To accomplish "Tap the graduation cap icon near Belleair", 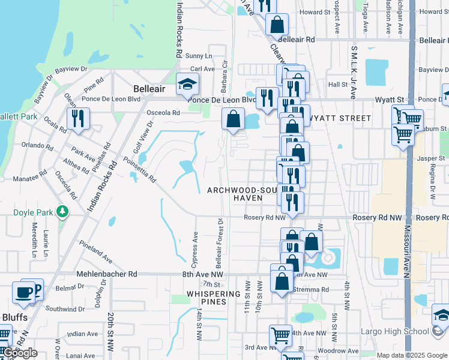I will pyautogui.click(x=187, y=85).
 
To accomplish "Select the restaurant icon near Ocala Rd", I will pyautogui.click(x=78, y=119).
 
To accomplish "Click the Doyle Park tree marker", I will pyautogui.click(x=61, y=211).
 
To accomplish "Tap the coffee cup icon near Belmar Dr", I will pyautogui.click(x=24, y=292).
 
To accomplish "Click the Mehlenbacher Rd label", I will pyautogui.click(x=107, y=274).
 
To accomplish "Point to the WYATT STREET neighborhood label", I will pyautogui.click(x=340, y=118).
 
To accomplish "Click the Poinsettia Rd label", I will pyautogui.click(x=139, y=170).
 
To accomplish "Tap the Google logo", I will pyautogui.click(x=20, y=353).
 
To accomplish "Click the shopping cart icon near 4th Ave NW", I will pyautogui.click(x=280, y=335).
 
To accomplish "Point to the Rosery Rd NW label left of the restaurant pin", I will pyautogui.click(x=265, y=217).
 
